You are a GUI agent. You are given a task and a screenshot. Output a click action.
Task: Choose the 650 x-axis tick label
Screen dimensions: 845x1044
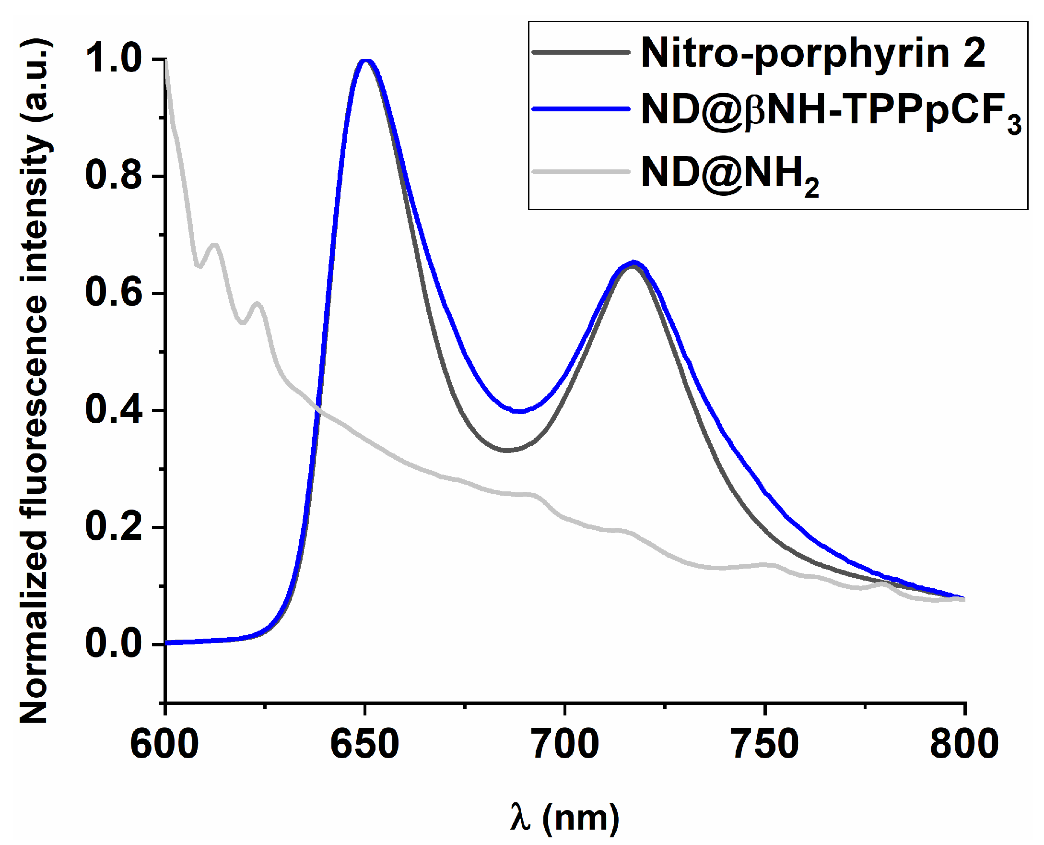coord(364,745)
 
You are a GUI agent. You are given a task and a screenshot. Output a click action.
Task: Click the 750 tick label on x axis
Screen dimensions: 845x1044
coord(765,745)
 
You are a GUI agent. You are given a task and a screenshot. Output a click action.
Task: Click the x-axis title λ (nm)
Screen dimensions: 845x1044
coord(565,818)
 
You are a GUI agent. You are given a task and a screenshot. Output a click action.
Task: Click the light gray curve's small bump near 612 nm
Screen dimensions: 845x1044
coord(214,244)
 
